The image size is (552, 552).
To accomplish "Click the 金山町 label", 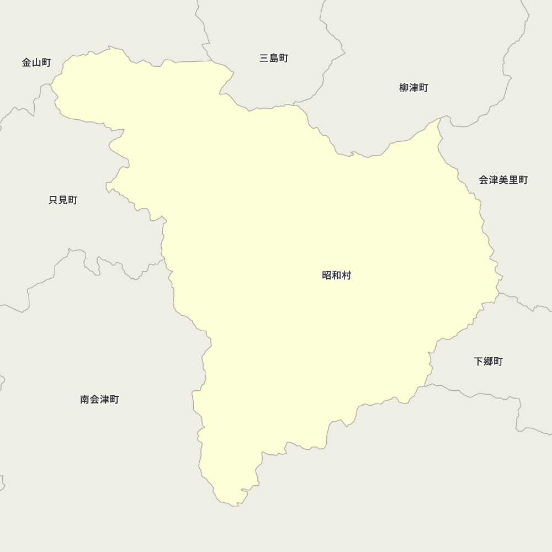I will click(36, 63).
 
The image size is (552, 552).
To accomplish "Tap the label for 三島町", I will click(274, 59).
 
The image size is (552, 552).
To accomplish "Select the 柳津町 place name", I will click(413, 88).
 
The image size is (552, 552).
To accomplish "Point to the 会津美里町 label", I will click(503, 180).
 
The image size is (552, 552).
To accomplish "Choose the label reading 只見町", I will click(63, 200).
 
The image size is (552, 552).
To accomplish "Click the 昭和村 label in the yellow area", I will click(337, 275).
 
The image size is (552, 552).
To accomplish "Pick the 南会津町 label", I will click(99, 400).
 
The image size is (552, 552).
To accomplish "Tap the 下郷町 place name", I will click(488, 362).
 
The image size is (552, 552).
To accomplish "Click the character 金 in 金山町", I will click(27, 63).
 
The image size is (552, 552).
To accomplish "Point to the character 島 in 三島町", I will click(274, 59).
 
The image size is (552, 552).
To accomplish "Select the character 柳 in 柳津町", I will click(404, 88).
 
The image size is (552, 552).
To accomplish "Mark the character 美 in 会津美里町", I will click(503, 180).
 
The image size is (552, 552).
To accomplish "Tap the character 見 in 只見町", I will click(63, 200).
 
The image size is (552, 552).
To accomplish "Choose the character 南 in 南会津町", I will click(85, 400).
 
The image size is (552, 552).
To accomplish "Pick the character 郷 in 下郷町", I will click(488, 362).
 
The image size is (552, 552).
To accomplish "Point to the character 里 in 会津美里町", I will click(513, 180).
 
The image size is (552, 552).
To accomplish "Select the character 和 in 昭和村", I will click(337, 275).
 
